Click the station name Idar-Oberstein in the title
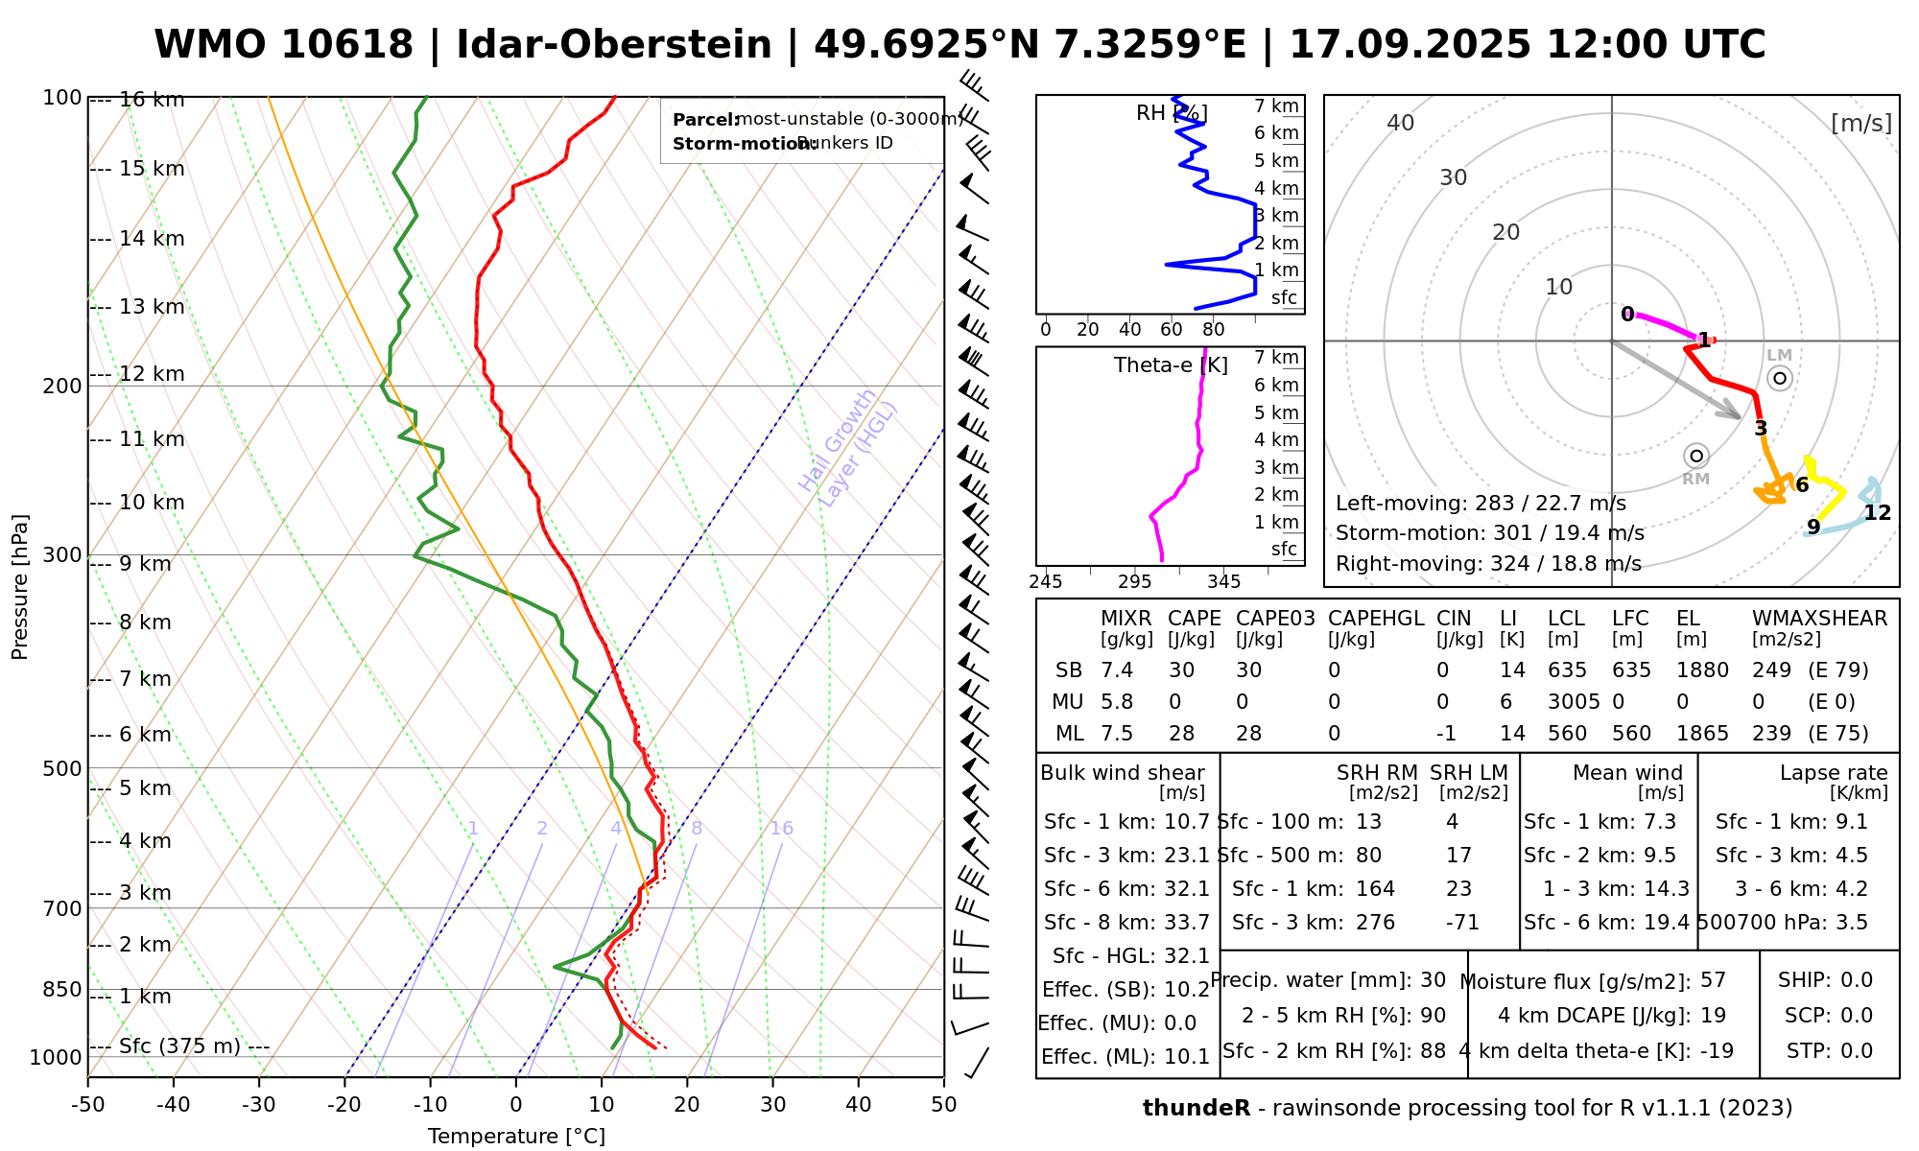(x=614, y=45)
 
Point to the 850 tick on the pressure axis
(x=62, y=989)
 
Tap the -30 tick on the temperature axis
(x=258, y=1105)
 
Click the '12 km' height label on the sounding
(x=152, y=374)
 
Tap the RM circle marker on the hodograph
(x=1696, y=456)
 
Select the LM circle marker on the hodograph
(x=1780, y=378)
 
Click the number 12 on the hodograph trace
(x=1877, y=513)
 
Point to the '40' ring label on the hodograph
(x=1401, y=123)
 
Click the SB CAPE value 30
(x=1181, y=670)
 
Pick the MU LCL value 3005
(x=1574, y=702)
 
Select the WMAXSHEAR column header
(x=1819, y=619)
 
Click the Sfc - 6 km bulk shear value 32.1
(x=1187, y=889)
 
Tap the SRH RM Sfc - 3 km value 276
(x=1375, y=923)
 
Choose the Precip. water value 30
(x=1433, y=980)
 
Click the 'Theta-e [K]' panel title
(x=1171, y=365)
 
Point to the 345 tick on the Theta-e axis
(x=1223, y=582)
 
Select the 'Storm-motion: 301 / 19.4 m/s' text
(x=1489, y=533)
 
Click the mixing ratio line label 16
(x=781, y=829)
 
